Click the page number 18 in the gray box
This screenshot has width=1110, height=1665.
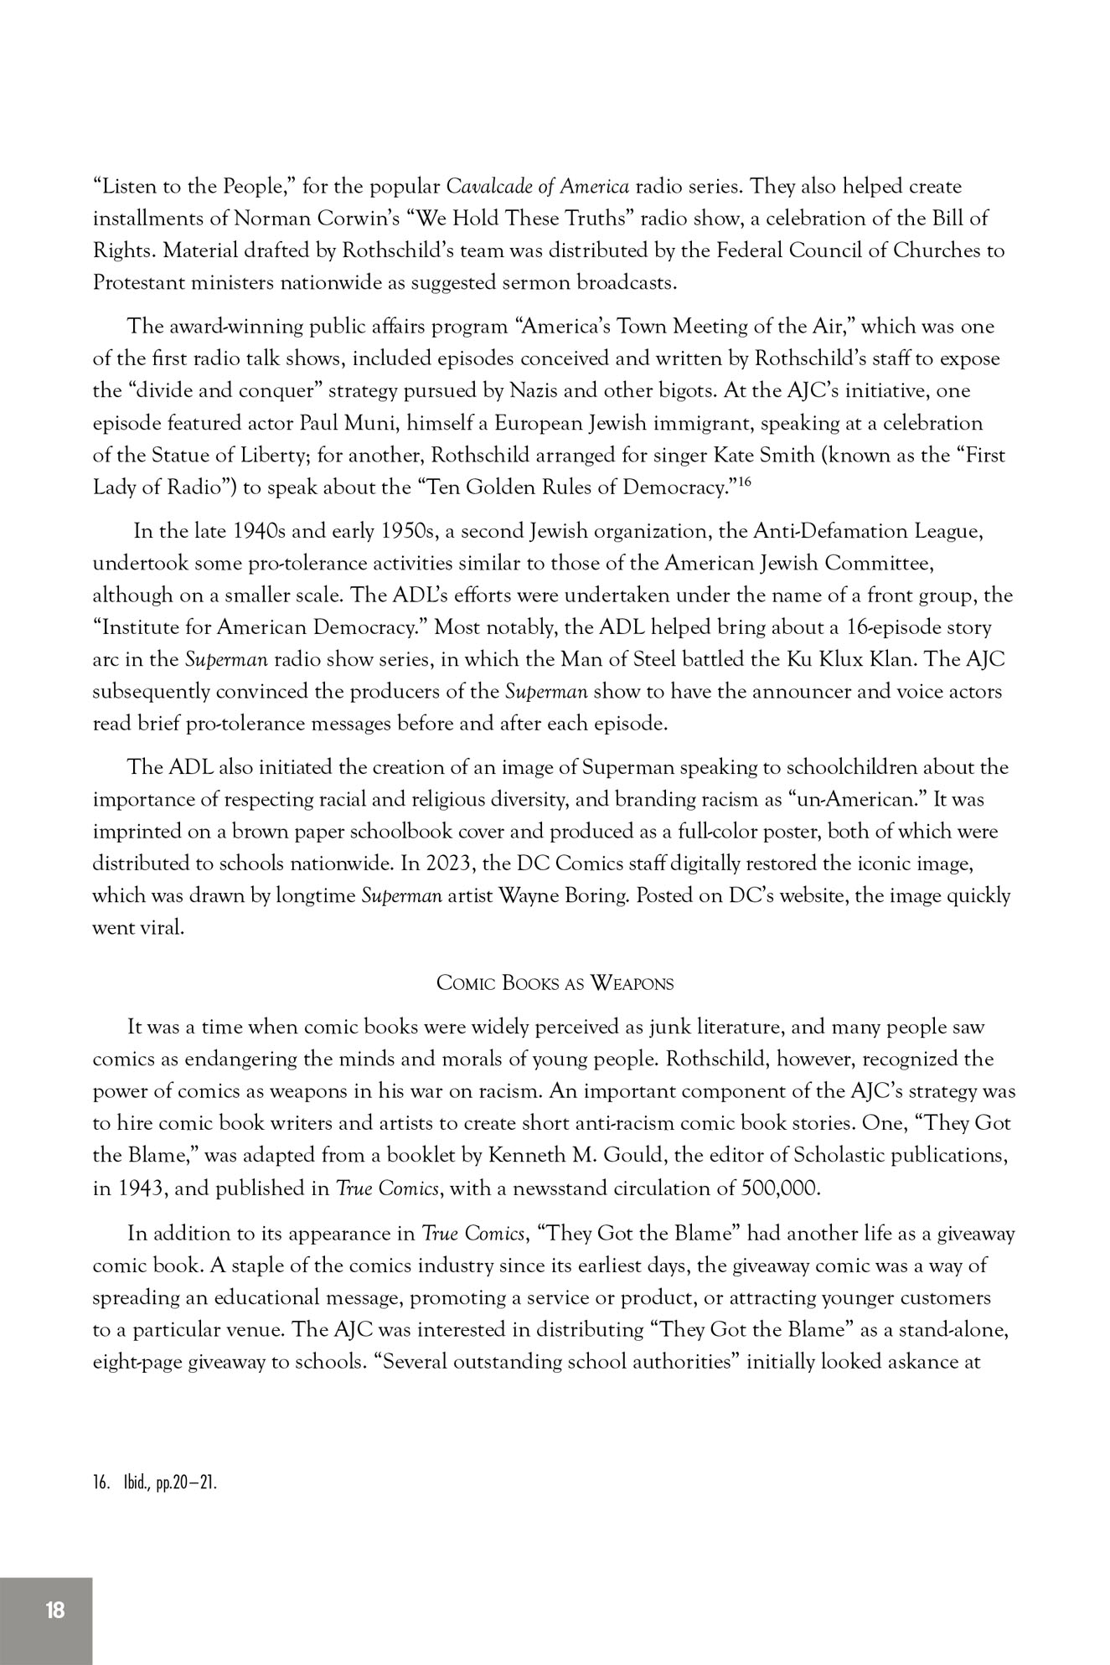(x=55, y=1610)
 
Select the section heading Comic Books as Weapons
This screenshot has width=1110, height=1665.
(x=555, y=982)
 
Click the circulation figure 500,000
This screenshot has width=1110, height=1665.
(x=780, y=1188)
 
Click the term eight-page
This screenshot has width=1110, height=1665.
(x=137, y=1362)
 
